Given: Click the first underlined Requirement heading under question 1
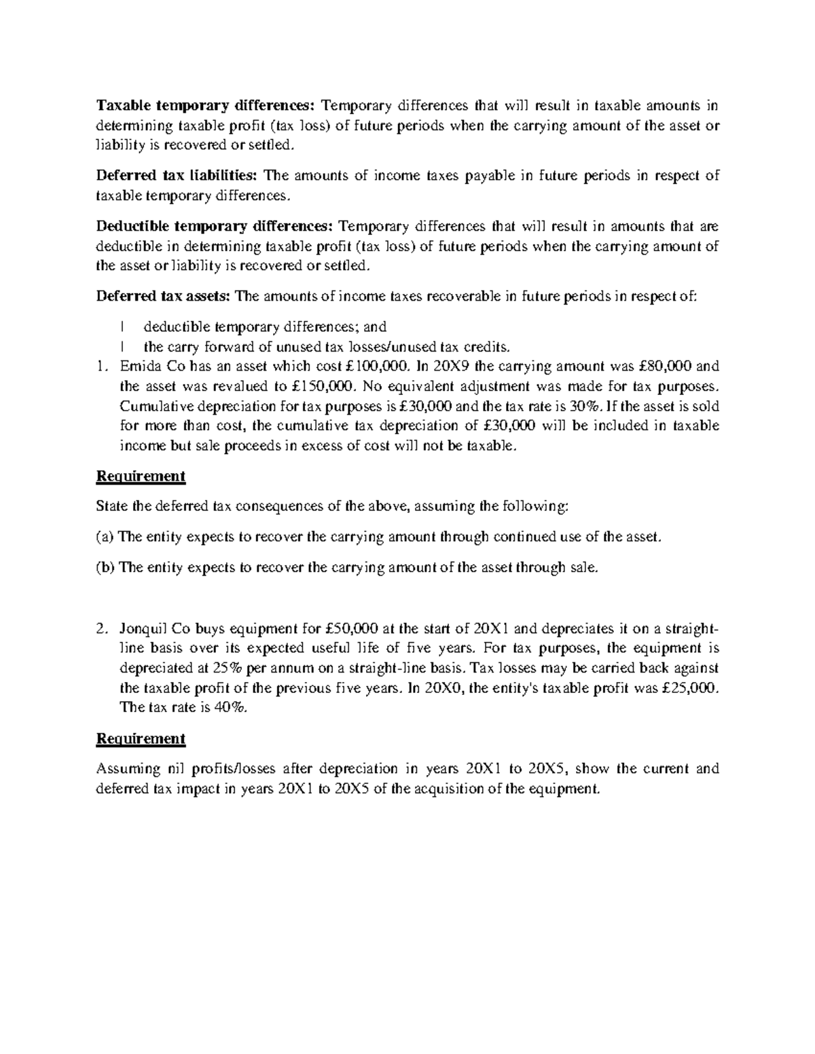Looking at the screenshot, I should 141,476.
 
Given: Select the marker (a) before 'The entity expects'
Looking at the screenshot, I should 105,537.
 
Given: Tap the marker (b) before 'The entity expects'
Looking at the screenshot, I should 106,567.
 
